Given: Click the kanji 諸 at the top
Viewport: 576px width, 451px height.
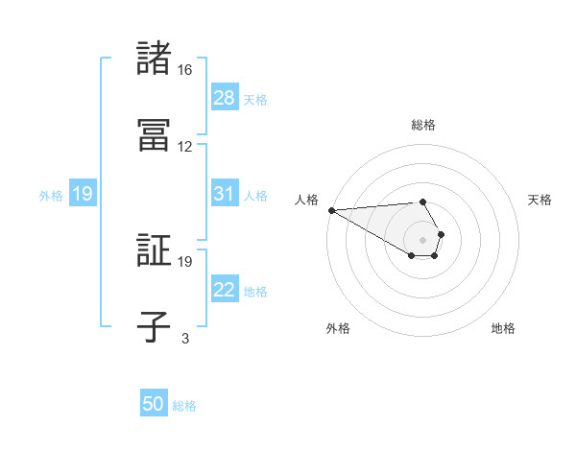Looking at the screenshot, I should point(154,59).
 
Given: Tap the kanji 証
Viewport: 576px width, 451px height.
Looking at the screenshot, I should point(154,250).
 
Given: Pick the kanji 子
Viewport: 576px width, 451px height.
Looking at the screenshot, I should point(154,327).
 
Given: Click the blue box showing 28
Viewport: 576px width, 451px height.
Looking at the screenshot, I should point(225,98).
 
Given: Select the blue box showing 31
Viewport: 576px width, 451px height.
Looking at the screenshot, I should point(225,194).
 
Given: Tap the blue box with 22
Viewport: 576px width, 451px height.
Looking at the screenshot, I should point(225,290).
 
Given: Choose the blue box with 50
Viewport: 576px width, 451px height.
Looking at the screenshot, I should point(154,405).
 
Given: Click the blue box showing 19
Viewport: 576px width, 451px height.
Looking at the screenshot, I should point(83,194).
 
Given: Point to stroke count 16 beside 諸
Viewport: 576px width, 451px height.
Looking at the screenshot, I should point(185,70).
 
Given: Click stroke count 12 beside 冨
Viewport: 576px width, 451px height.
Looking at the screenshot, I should point(185,147).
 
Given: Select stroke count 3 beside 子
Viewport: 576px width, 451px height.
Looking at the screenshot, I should point(185,338).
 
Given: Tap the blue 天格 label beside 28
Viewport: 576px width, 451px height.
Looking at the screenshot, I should point(255,99).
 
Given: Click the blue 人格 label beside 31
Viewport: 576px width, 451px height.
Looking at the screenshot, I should point(255,195).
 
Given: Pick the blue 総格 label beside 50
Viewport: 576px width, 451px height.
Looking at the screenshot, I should point(184,406).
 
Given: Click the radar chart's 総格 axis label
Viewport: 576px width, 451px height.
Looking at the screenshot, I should point(423,125).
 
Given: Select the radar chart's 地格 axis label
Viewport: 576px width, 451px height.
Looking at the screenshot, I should point(503,328).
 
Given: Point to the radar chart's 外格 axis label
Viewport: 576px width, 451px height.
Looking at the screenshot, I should point(338,328).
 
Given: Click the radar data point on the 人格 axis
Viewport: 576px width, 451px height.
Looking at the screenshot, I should point(331,210).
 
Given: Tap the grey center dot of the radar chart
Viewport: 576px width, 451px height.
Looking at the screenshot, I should point(422,239).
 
